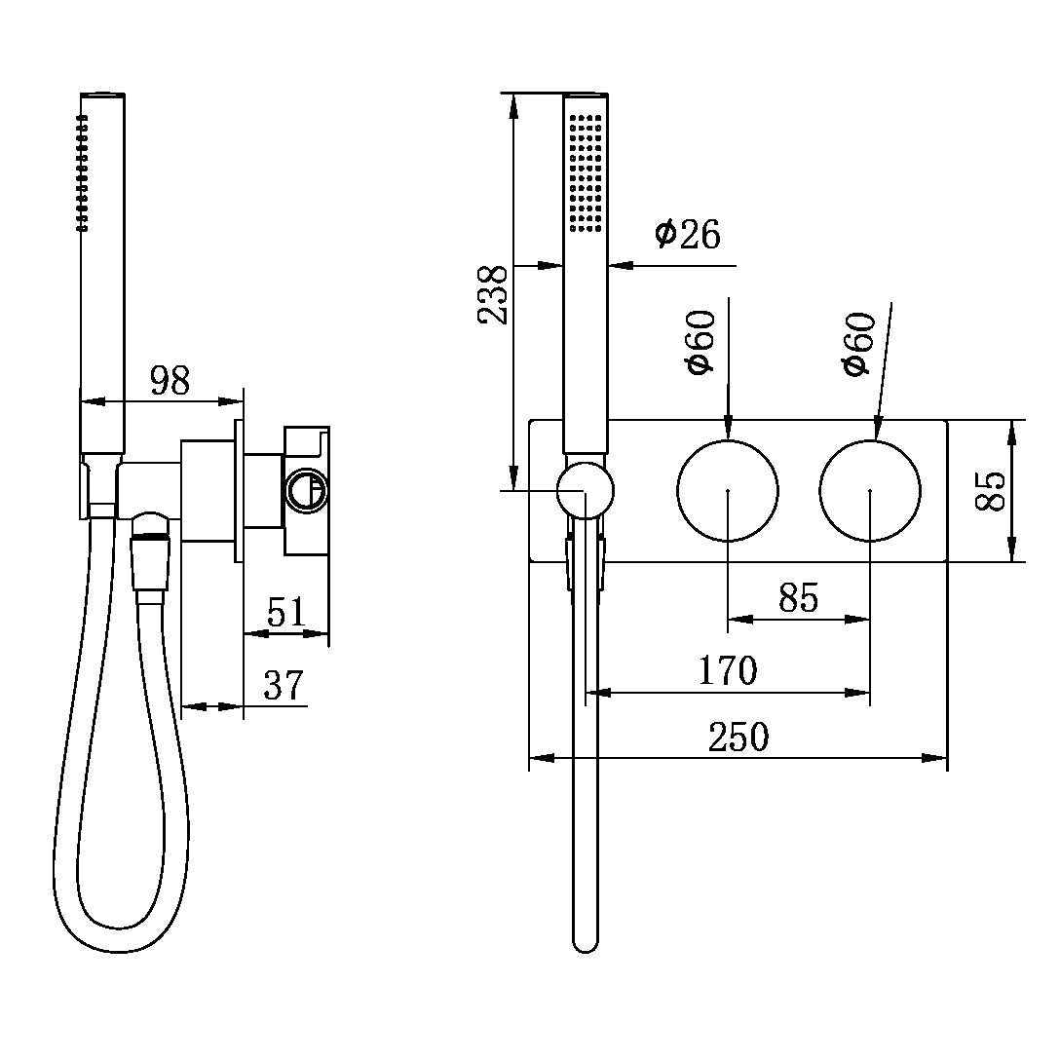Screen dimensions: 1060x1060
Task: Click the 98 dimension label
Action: click(x=170, y=381)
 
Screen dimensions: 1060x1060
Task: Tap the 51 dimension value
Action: click(x=286, y=613)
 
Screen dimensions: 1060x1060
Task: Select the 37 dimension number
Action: click(x=284, y=685)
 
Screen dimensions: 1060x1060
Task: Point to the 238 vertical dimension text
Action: click(x=492, y=294)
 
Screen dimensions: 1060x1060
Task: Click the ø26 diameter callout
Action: click(x=687, y=234)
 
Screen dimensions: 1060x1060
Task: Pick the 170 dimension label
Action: click(x=728, y=670)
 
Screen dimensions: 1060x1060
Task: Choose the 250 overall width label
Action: click(x=738, y=737)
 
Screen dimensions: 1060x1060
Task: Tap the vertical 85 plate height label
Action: click(x=989, y=490)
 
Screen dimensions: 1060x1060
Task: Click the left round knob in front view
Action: click(x=728, y=490)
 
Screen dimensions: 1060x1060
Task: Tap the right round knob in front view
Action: click(x=870, y=490)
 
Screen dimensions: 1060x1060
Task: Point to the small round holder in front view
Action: click(x=585, y=490)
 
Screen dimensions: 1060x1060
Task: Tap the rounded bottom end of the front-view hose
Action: click(x=585, y=940)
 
